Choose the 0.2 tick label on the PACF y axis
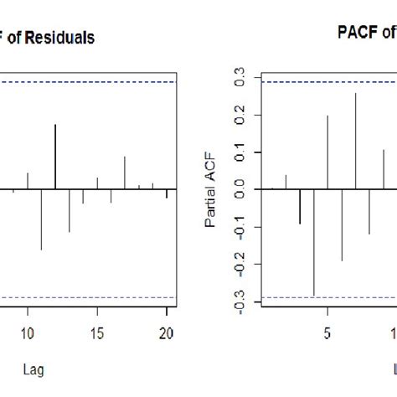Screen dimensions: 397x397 tap(241, 116)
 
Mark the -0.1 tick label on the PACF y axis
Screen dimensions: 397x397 tap(241, 227)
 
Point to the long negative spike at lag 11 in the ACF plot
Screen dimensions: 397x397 tap(41, 219)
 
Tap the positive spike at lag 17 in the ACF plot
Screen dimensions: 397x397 tap(125, 172)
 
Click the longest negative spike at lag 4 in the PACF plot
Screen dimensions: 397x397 tap(313, 242)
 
